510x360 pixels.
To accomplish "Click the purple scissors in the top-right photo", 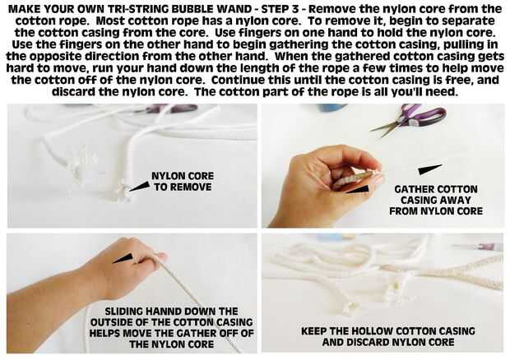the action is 411,119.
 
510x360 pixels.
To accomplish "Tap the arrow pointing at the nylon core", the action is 140,187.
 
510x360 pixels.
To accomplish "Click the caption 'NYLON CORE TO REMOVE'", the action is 183,182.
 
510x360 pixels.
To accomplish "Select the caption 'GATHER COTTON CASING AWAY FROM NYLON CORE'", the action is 436,201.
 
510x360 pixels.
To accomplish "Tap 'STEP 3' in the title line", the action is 280,9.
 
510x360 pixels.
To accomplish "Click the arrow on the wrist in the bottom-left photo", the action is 123,258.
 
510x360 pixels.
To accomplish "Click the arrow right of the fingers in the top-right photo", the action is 430,169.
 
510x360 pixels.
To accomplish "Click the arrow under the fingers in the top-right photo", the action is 358,189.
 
